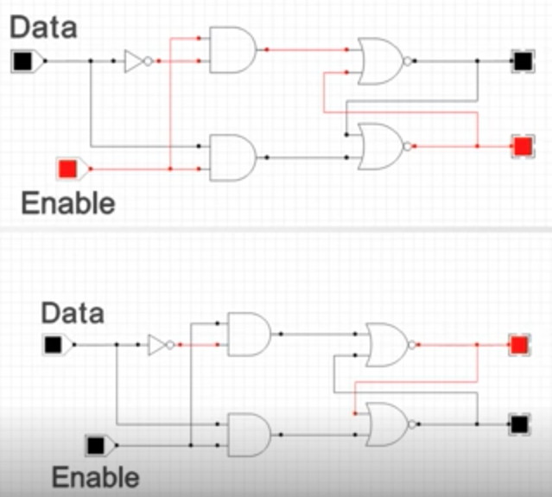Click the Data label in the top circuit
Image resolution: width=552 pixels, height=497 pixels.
43,27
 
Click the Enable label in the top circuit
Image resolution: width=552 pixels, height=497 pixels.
68,203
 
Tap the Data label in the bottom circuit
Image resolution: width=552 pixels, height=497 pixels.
73,313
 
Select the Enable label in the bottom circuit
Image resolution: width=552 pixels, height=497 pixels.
96,477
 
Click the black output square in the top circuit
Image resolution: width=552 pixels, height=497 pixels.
523,61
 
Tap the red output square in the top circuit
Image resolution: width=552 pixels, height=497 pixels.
523,146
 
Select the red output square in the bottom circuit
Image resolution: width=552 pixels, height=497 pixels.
520,345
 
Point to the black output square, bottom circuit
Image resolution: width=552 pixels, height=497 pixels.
520,424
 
